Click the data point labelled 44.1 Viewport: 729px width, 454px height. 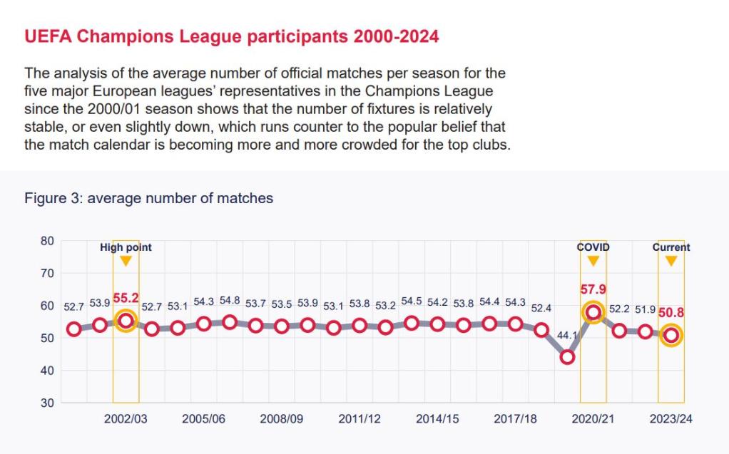pos(567,357)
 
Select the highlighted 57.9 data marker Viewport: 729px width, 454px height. pos(593,312)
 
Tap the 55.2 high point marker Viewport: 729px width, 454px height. pos(126,321)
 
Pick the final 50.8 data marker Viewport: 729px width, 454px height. pos(671,335)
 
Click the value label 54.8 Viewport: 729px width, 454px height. pos(230,301)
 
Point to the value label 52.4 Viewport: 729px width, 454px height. pos(541,309)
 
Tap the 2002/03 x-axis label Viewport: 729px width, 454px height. pos(126,419)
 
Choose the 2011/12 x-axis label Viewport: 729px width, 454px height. pos(360,419)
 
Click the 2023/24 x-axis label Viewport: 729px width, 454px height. pos(671,419)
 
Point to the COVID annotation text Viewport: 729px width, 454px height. pos(593,247)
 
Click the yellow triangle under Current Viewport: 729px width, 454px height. pos(671,261)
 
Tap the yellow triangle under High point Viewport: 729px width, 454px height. pos(126,261)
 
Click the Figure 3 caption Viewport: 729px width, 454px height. pos(149,198)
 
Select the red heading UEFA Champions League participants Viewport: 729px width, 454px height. pos(232,36)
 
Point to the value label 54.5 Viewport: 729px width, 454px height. pos(412,301)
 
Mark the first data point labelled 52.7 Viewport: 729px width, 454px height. pos(73,329)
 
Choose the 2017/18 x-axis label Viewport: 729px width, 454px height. pos(515,419)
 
